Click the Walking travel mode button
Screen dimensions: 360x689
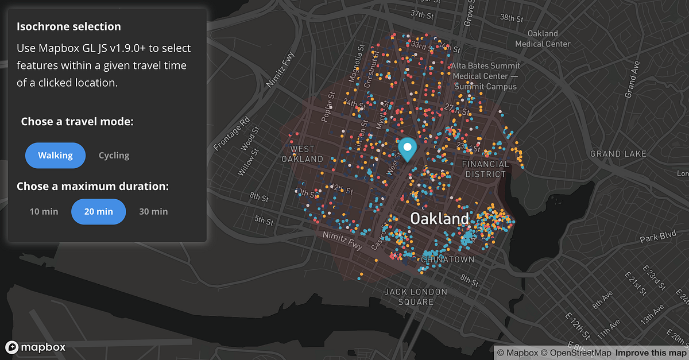pyautogui.click(x=55, y=155)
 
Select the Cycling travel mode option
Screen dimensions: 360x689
pyautogui.click(x=114, y=155)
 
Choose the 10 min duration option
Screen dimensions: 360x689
pyautogui.click(x=44, y=211)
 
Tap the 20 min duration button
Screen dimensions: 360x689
pyautogui.click(x=98, y=211)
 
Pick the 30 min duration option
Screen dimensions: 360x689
pyautogui.click(x=153, y=211)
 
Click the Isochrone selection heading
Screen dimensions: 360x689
pyautogui.click(x=68, y=26)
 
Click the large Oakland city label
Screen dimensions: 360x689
pyautogui.click(x=439, y=219)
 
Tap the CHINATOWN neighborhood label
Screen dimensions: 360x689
pyautogui.click(x=447, y=260)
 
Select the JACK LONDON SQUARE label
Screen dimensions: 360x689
pyautogui.click(x=416, y=297)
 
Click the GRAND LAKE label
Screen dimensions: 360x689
pyautogui.click(x=618, y=154)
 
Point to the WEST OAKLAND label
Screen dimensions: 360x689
pyautogui.click(x=302, y=154)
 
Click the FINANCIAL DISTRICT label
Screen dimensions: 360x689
pyautogui.click(x=486, y=169)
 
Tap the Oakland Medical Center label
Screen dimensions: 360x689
pyautogui.click(x=543, y=38)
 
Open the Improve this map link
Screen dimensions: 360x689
pyautogui.click(x=651, y=353)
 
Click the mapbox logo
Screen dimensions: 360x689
pyautogui.click(x=36, y=347)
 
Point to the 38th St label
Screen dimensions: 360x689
pyautogui.click(x=512, y=18)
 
